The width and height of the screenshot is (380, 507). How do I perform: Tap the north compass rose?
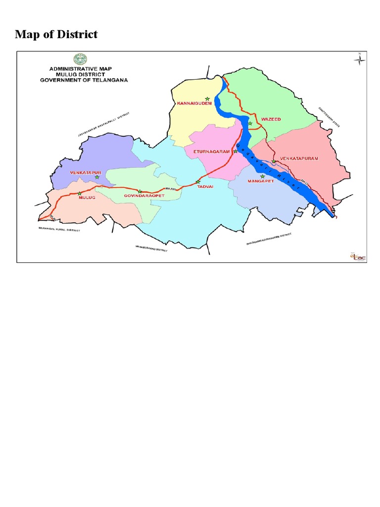click(360, 60)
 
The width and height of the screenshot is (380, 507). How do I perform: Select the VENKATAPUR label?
click(86, 172)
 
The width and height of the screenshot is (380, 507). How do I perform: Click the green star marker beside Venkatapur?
click(97, 177)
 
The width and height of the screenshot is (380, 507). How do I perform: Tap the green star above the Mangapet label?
click(262, 177)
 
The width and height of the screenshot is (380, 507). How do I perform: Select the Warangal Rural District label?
click(59, 229)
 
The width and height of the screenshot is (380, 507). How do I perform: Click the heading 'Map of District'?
click(56, 34)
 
